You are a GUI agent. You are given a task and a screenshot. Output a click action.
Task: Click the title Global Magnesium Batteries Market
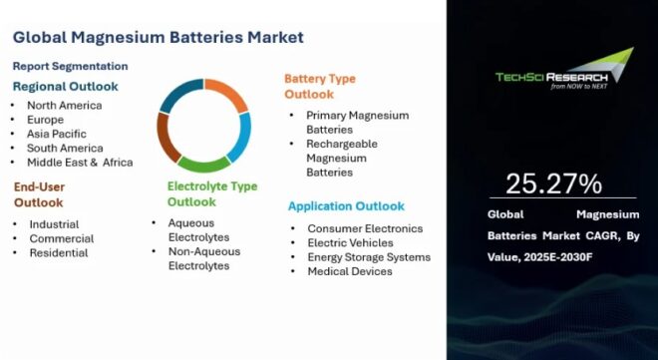tap(159, 38)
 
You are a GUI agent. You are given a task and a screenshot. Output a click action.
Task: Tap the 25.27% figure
tap(553, 183)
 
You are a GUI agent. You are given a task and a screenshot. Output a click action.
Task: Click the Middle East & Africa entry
tap(81, 162)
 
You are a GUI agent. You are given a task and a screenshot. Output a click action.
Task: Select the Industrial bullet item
tap(54, 224)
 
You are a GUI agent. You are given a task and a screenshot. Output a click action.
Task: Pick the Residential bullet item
tap(58, 252)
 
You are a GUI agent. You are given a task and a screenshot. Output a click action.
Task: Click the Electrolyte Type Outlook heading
tap(211, 193)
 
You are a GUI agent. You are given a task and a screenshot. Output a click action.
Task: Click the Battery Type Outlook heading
tap(319, 86)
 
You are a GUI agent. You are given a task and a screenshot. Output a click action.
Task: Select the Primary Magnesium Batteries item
tap(357, 123)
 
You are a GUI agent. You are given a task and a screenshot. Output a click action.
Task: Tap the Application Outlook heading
tap(346, 206)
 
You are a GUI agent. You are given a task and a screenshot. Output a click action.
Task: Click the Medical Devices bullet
tap(349, 271)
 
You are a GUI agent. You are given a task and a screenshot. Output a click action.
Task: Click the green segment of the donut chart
tap(203, 163)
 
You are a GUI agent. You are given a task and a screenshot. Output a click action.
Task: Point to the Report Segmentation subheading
tap(70, 66)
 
